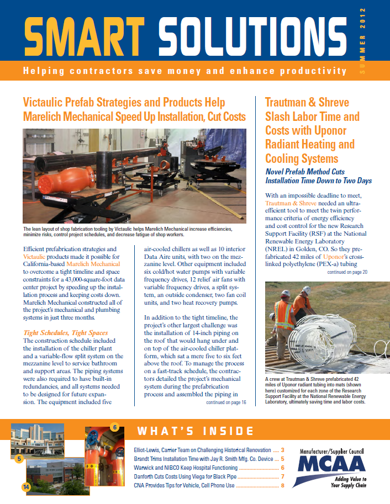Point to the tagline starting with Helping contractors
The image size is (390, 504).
[185, 71]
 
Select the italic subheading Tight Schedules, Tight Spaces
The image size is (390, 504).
[66, 333]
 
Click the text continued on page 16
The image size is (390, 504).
[226, 403]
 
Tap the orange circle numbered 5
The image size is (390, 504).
[19, 458]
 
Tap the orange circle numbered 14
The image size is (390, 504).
[25, 487]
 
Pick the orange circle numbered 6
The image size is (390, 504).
[114, 427]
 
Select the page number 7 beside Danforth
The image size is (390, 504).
[282, 476]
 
